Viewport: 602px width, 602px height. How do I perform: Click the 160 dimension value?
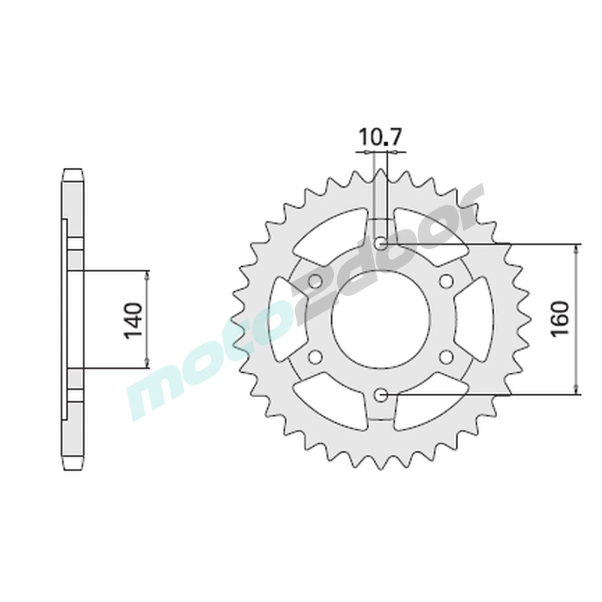(x=559, y=318)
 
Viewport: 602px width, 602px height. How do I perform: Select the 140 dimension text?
(x=133, y=321)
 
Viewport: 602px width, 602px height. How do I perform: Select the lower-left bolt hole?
(x=315, y=357)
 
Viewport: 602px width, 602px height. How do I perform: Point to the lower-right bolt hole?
(x=446, y=357)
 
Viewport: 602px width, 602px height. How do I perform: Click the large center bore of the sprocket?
(x=380, y=319)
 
